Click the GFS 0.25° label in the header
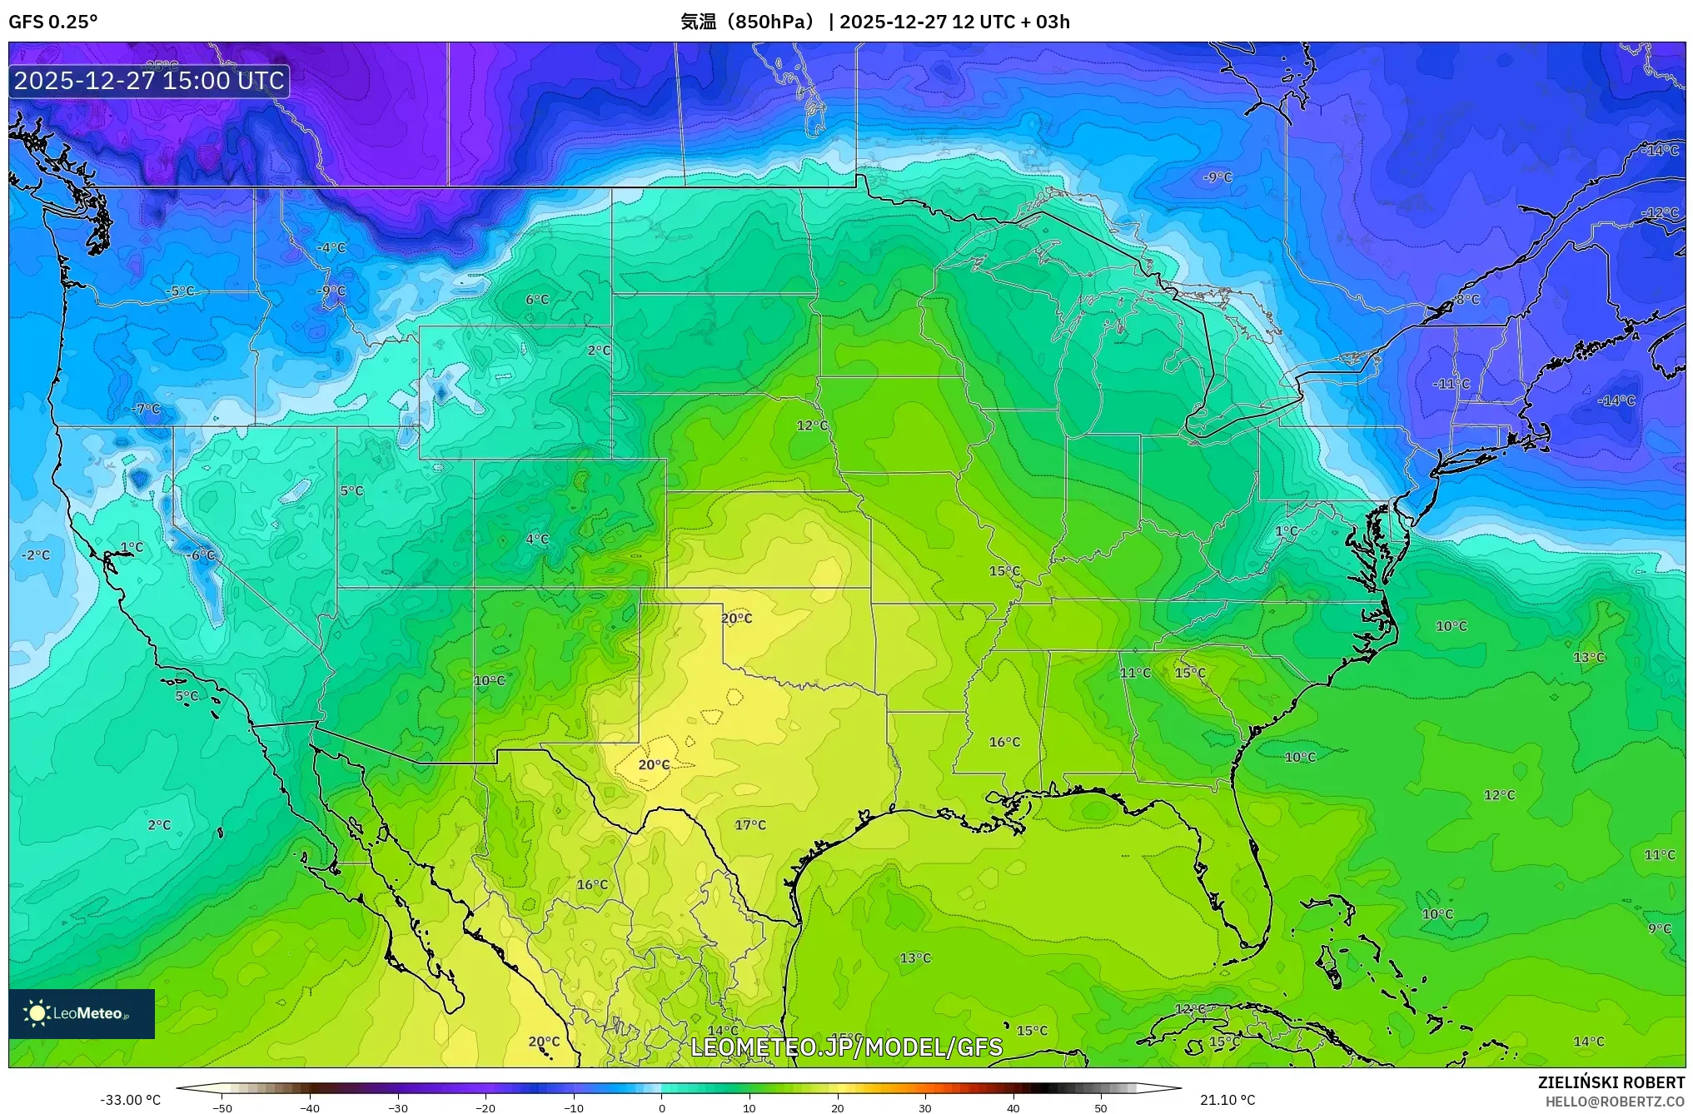click(52, 22)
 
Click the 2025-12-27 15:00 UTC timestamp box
click(149, 81)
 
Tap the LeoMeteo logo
click(81, 1013)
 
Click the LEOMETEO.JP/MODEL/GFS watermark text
click(846, 1047)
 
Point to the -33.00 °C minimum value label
click(130, 1100)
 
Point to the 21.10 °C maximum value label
click(1227, 1100)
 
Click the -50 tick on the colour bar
click(222, 1108)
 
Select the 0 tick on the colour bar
click(662, 1108)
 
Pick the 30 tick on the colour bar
click(925, 1108)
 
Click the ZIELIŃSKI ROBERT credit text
click(1611, 1082)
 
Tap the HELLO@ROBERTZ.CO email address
click(1615, 1102)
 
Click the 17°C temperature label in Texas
click(749, 825)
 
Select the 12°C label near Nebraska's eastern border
click(812, 425)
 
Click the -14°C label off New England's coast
click(1616, 400)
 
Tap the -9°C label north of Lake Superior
click(1217, 177)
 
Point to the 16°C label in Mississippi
click(1003, 742)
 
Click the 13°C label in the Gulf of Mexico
click(914, 958)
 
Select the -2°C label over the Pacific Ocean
click(36, 555)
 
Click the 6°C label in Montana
click(537, 300)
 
